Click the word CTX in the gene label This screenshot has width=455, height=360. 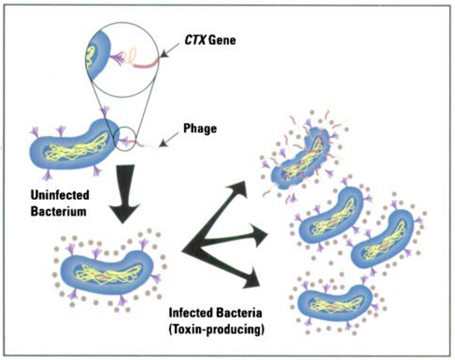coord(191,41)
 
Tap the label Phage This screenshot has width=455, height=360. coord(200,128)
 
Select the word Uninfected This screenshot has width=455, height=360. coord(59,195)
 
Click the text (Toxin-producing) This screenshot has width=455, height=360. coord(217,329)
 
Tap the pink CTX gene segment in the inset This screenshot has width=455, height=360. coord(146,64)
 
